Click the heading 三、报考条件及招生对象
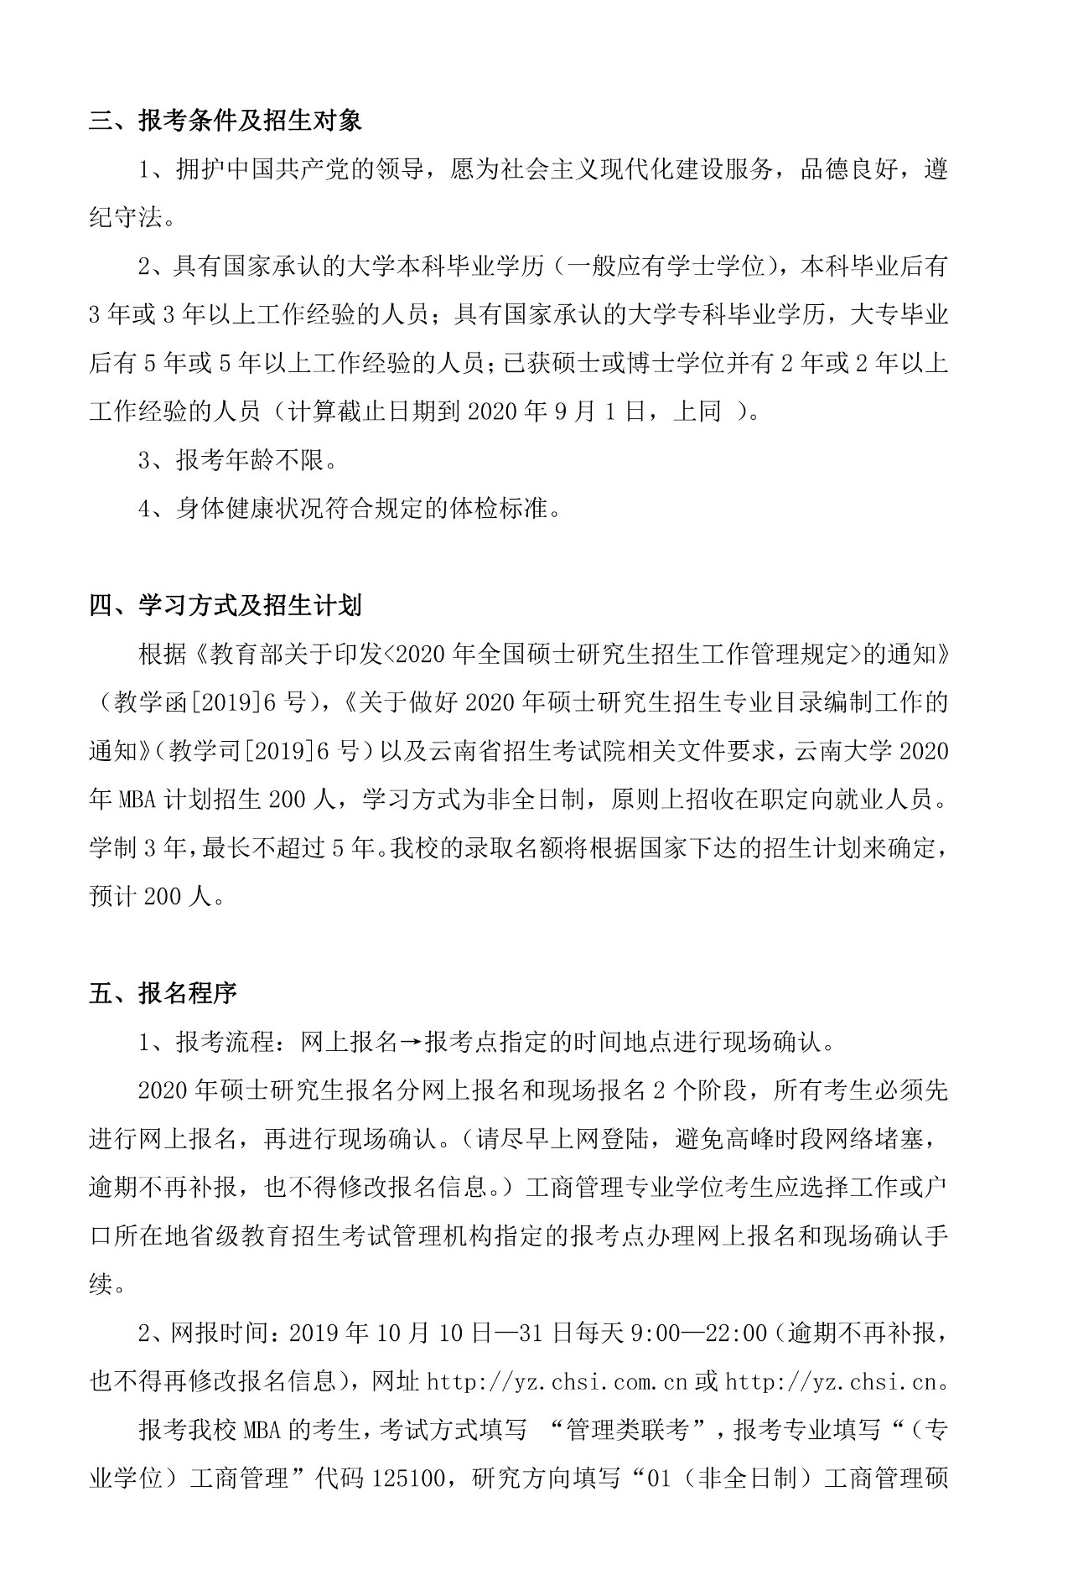[225, 121]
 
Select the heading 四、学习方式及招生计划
[225, 605]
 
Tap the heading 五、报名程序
[163, 994]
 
